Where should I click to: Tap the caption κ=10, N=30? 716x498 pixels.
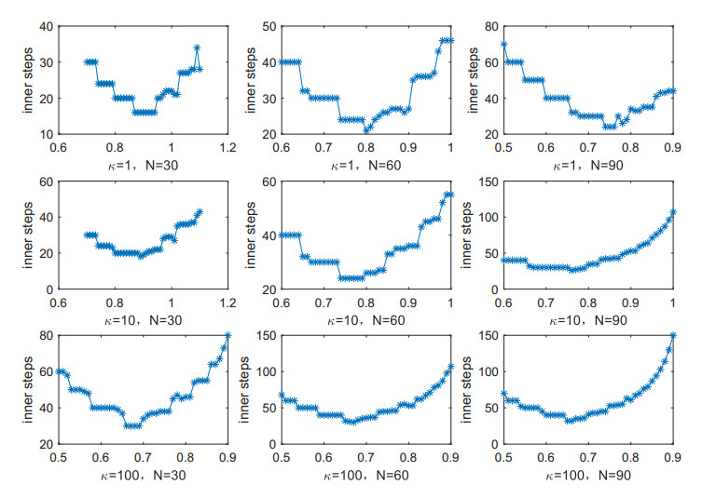143,320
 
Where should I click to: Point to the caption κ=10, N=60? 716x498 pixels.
365,320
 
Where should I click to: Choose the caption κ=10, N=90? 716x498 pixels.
588,320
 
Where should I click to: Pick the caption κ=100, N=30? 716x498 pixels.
143,475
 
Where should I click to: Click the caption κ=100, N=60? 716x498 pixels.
365,475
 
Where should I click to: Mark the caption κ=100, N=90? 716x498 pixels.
588,475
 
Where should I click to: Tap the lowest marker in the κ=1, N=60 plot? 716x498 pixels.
366,129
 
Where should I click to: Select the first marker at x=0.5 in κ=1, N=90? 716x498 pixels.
504,44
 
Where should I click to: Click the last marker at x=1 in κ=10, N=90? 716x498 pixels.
673,212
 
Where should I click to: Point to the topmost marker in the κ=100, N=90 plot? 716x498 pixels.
673,335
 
